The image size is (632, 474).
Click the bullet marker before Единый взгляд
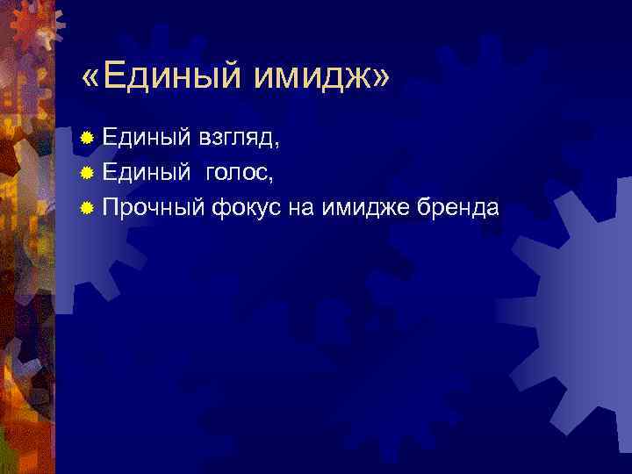86,139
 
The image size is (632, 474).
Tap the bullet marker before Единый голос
86,173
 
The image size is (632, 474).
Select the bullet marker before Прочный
86,208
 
